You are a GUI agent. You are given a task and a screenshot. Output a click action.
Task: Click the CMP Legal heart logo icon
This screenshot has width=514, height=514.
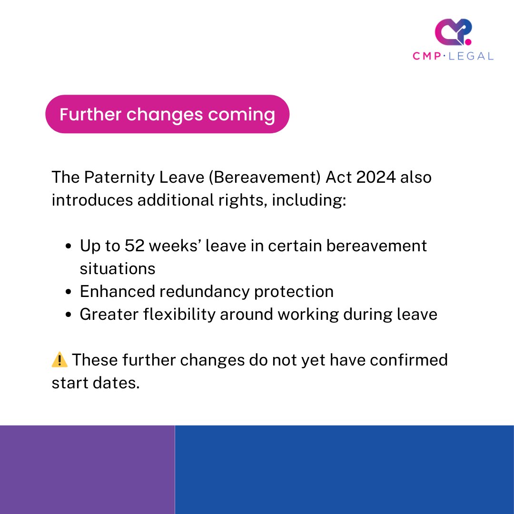click(453, 32)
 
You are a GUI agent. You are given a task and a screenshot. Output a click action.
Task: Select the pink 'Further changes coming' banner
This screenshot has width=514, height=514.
click(167, 114)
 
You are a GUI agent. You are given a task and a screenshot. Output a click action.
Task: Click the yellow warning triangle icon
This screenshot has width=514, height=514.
click(59, 360)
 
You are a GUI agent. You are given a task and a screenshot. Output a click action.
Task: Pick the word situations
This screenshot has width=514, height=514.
click(118, 268)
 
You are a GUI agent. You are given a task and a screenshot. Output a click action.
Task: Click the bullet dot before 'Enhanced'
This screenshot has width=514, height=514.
click(69, 292)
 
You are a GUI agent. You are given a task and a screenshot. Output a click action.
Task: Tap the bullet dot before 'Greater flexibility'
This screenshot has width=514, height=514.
click(69, 315)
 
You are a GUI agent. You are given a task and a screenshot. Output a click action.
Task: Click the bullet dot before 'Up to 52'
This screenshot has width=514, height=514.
click(69, 247)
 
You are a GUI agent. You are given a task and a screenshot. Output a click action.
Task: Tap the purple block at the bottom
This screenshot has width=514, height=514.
click(87, 469)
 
